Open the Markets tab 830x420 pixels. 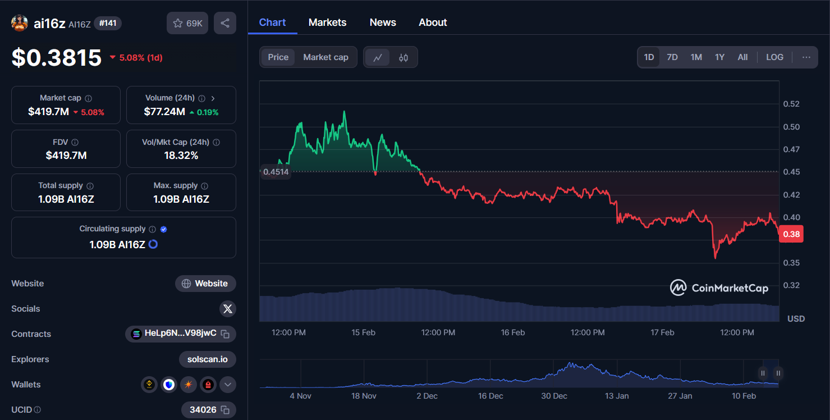pyautogui.click(x=327, y=22)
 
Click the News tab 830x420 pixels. pyautogui.click(x=383, y=22)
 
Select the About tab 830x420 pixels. pyautogui.click(x=433, y=22)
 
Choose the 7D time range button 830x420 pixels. pyautogui.click(x=672, y=57)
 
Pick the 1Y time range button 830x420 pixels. pyautogui.click(x=719, y=57)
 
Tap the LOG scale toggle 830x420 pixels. pyautogui.click(x=774, y=57)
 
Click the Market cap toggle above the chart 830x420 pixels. pyautogui.click(x=325, y=57)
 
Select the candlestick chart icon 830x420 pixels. pyautogui.click(x=403, y=57)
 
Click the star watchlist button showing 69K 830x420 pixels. pyautogui.click(x=188, y=23)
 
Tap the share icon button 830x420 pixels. pyautogui.click(x=225, y=23)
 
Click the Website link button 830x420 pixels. pyautogui.click(x=205, y=284)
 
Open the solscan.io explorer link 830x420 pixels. pyautogui.click(x=208, y=359)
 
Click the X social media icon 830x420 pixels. pyautogui.click(x=227, y=309)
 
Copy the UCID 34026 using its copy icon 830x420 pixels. pyautogui.click(x=225, y=410)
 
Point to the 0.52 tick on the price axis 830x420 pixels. pyautogui.click(x=791, y=104)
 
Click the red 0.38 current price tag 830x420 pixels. pyautogui.click(x=791, y=234)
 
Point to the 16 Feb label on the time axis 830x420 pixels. pyautogui.click(x=513, y=332)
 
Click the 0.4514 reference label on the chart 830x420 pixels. pyautogui.click(x=276, y=172)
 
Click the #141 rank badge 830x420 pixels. pyautogui.click(x=108, y=23)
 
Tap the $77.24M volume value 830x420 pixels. pyautogui.click(x=164, y=112)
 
